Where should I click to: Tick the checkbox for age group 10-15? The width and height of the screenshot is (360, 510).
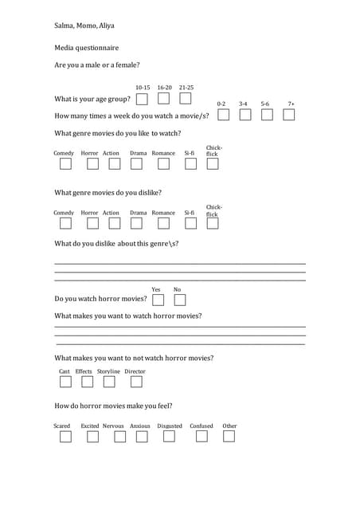point(142,99)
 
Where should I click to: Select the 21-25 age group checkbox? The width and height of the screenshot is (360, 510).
point(185,99)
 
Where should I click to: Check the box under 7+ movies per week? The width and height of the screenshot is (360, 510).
point(288,115)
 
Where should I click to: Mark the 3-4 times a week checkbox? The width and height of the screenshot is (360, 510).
point(245,115)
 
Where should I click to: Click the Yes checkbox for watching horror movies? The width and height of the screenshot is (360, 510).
point(158,300)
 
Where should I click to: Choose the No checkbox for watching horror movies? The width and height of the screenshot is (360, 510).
point(179,300)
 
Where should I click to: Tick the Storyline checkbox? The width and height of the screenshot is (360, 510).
point(109,382)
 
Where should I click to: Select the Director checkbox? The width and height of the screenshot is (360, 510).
point(136,382)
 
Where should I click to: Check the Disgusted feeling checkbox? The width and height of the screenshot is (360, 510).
point(169,436)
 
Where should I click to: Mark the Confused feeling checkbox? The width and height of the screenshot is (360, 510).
point(200,436)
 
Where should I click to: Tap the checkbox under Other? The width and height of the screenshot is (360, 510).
point(229,436)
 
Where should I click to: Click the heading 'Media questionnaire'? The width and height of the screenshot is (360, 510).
point(86,48)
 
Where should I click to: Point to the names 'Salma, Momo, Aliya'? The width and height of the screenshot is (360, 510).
point(84,26)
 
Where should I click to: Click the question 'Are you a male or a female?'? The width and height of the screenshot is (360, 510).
point(97,65)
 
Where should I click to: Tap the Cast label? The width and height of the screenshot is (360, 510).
point(65,371)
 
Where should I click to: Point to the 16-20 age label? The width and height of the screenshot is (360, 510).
point(164,88)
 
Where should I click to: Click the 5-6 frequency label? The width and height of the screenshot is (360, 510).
point(265,104)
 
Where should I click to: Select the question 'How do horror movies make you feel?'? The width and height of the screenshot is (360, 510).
point(113,406)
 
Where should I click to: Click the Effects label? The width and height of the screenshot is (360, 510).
point(84,371)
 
